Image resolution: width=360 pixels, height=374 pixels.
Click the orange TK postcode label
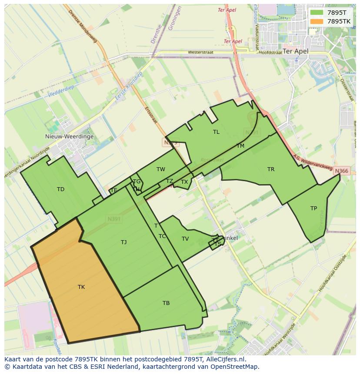point(81,287)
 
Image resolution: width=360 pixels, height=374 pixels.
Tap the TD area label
point(60,189)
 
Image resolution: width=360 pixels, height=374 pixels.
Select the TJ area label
point(124,242)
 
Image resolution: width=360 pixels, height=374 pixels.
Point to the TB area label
point(166,303)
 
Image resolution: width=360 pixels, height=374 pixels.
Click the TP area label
point(313,209)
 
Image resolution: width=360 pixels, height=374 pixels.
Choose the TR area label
point(271,169)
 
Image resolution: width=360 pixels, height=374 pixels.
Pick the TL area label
point(216,132)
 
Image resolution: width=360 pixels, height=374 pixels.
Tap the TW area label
point(161,169)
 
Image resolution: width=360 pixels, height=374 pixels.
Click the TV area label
point(185,239)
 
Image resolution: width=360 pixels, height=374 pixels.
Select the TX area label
point(184,182)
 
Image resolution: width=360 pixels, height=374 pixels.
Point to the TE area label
point(114,190)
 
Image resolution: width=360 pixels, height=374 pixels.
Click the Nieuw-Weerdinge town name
point(69,136)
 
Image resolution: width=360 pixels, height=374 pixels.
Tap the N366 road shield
point(342,171)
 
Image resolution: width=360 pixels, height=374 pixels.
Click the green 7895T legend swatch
point(317,13)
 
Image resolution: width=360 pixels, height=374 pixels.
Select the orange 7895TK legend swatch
point(317,21)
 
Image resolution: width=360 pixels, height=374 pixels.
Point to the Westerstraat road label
point(200,52)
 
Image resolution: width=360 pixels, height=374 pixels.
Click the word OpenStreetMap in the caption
point(236,367)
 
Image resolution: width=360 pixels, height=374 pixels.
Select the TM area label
point(240,146)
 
